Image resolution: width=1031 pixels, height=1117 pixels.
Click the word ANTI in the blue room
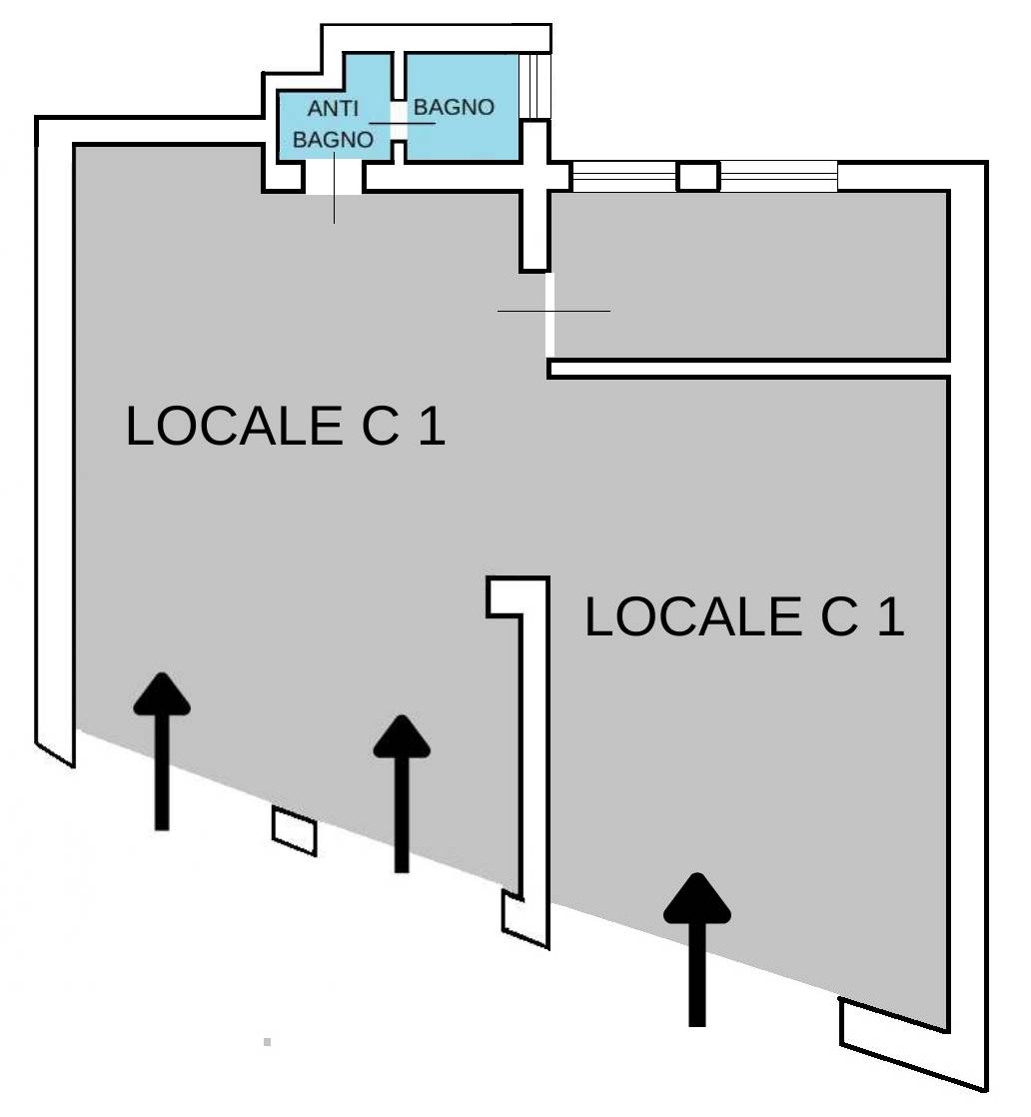pyautogui.click(x=333, y=109)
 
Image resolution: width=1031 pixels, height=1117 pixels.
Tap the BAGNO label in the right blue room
pyautogui.click(x=454, y=107)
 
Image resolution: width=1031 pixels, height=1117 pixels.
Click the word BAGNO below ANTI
pyautogui.click(x=333, y=140)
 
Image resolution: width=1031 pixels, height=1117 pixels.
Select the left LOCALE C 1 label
pyautogui.click(x=285, y=426)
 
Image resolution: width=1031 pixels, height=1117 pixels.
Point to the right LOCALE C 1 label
pyautogui.click(x=744, y=616)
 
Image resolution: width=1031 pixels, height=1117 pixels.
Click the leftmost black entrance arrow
pyautogui.click(x=162, y=751)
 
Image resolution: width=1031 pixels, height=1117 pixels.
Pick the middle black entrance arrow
pyautogui.click(x=402, y=793)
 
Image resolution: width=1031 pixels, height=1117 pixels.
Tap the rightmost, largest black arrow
pyautogui.click(x=697, y=949)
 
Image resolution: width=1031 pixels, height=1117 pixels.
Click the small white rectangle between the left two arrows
pyautogui.click(x=295, y=830)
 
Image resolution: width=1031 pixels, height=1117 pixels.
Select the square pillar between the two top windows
pyautogui.click(x=697, y=177)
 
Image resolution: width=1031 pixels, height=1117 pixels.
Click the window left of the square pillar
pyautogui.click(x=624, y=177)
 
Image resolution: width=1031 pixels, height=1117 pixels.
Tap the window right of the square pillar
pyautogui.click(x=779, y=177)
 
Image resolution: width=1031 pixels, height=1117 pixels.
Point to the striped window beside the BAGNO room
pyautogui.click(x=535, y=86)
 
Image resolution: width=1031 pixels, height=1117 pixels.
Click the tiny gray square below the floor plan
pyautogui.click(x=267, y=1042)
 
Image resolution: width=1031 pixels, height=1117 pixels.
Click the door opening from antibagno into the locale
pyautogui.click(x=334, y=178)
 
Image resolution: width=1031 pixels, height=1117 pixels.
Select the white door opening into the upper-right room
pyautogui.click(x=549, y=315)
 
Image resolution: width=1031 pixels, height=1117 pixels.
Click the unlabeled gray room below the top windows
pyautogui.click(x=749, y=275)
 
